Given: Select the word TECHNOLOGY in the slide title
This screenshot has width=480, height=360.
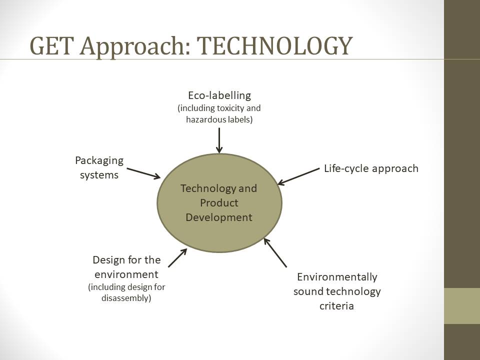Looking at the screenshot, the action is pyautogui.click(x=274, y=46).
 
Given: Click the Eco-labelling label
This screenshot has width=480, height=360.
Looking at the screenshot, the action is pyautogui.click(x=219, y=95).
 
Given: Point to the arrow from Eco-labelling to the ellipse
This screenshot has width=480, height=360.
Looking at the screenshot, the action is pyautogui.click(x=219, y=140).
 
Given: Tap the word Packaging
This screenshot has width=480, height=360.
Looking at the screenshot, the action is pyautogui.click(x=99, y=160).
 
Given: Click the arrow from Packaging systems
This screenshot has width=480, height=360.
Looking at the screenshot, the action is pyautogui.click(x=143, y=173).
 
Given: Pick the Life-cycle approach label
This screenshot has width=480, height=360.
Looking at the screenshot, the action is pyautogui.click(x=371, y=168).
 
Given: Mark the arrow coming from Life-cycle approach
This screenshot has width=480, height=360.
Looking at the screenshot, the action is pyautogui.click(x=298, y=176).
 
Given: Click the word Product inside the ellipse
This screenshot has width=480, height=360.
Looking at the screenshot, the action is pyautogui.click(x=219, y=202).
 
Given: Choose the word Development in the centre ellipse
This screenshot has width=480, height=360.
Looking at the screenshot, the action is pyautogui.click(x=219, y=217).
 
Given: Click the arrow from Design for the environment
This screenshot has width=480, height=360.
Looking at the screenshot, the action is pyautogui.click(x=177, y=258).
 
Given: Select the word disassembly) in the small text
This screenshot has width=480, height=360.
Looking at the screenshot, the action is pyautogui.click(x=126, y=298).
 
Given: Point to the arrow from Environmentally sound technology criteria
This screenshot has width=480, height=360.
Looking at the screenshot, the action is pyautogui.click(x=275, y=253).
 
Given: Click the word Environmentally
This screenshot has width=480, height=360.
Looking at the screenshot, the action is pyautogui.click(x=337, y=277).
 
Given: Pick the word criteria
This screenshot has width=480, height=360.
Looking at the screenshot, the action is pyautogui.click(x=336, y=306).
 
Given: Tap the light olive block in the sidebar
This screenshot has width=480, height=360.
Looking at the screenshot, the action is pyautogui.click(x=462, y=306).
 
